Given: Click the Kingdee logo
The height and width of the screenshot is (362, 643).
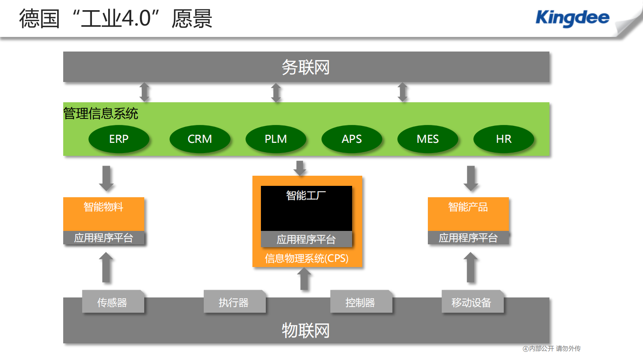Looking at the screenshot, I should [x=572, y=18].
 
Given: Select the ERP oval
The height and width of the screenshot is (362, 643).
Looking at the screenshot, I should [x=119, y=139].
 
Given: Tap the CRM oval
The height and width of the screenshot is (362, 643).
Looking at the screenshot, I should [x=200, y=139].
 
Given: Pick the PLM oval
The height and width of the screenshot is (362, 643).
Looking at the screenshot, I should [x=276, y=139].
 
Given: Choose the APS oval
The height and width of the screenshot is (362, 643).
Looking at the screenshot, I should [x=352, y=139].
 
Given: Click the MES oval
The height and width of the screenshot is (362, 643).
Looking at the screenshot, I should [x=428, y=139].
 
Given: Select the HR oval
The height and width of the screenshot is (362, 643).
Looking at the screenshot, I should [x=504, y=139].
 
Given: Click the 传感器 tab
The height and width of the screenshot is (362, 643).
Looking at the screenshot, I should [x=113, y=302].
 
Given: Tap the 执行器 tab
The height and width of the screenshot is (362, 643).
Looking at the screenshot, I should [x=234, y=302].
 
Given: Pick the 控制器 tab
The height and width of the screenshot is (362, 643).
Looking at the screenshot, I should [x=361, y=302].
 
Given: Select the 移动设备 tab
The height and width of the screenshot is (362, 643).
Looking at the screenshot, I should [x=472, y=302].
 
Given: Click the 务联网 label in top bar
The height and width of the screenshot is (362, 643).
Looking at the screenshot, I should [x=306, y=67].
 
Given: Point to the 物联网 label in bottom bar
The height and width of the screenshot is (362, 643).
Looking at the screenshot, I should [x=306, y=330].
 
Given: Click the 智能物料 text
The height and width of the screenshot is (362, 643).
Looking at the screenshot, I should [x=103, y=207].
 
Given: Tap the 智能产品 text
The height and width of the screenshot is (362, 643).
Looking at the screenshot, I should [x=468, y=207].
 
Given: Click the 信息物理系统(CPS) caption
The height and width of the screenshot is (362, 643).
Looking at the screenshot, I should [x=307, y=259].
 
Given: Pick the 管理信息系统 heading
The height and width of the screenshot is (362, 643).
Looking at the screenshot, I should [x=101, y=114].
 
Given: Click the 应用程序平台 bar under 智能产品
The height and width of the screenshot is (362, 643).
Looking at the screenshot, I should [x=468, y=238].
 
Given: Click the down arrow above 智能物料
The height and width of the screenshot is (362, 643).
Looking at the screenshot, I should [x=107, y=178].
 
